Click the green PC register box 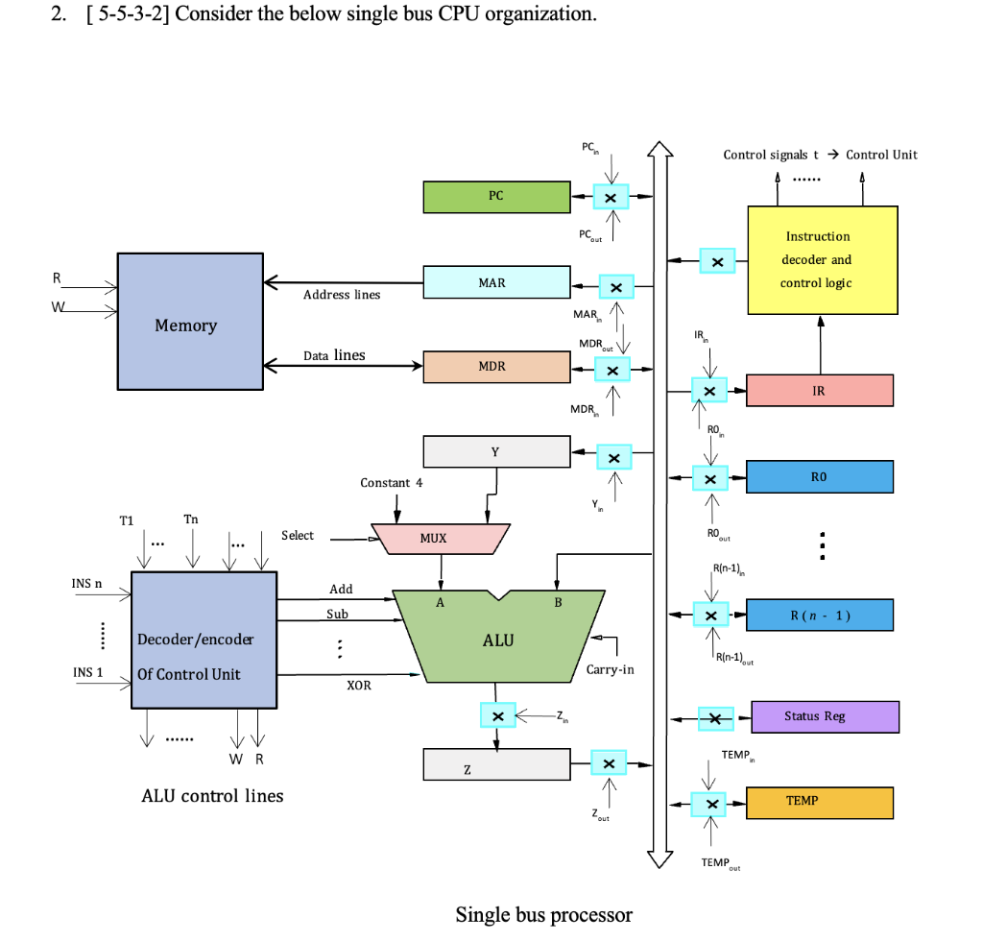point(496,197)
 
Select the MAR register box point(496,282)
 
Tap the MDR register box point(496,367)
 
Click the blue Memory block point(190,322)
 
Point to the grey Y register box point(496,451)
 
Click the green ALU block point(498,639)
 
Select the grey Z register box point(496,764)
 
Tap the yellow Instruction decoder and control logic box point(823,259)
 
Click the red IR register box point(819,390)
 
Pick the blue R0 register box point(819,476)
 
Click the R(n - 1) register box point(819,615)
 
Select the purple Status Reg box point(825,716)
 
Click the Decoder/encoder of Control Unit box point(204,640)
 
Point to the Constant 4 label point(392,482)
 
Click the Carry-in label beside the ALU point(610,669)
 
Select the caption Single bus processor point(543,914)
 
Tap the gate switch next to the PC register point(611,197)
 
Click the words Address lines point(342,295)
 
